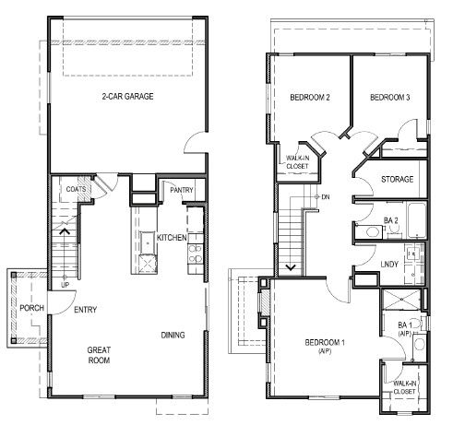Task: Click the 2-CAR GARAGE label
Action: [127, 96]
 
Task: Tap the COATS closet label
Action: [77, 190]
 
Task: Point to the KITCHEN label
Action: [173, 238]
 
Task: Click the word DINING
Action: [173, 335]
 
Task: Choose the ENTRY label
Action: [86, 310]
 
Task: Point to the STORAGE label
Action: [398, 179]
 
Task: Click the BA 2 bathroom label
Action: [390, 221]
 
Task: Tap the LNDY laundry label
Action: [390, 264]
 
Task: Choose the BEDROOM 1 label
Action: [325, 347]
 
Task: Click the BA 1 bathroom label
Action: [403, 329]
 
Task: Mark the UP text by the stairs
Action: [66, 284]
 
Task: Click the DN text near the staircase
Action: [326, 197]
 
